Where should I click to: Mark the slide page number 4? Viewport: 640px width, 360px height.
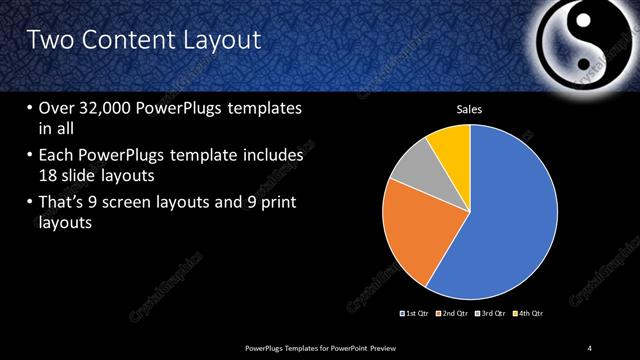[x=590, y=347]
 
